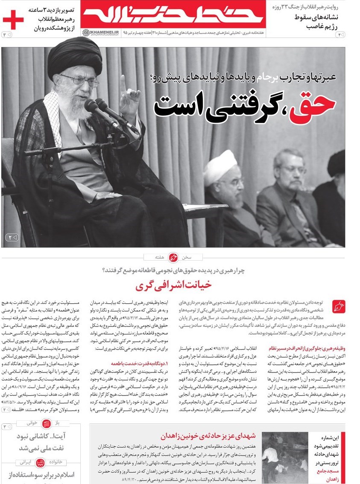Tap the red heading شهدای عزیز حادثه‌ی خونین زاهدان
pyautogui.click(x=208, y=436)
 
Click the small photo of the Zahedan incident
pyautogui.click(x=284, y=457)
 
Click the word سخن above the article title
pyautogui.click(x=187, y=257)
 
